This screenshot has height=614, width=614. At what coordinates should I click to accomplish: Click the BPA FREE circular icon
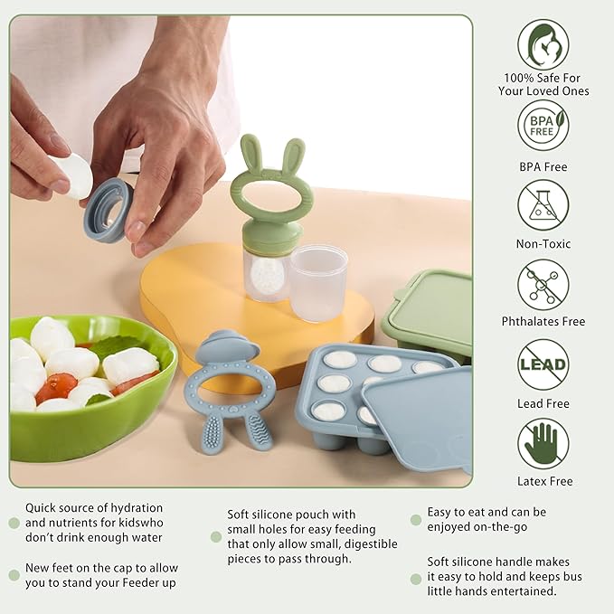pos(543,125)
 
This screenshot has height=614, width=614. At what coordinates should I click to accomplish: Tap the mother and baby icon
pos(543,45)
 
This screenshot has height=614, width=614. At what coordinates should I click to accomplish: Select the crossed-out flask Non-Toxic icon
pos(543,204)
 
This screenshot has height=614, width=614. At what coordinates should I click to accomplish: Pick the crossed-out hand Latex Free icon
pos(543,443)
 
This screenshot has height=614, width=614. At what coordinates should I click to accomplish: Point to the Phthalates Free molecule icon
pos(543,284)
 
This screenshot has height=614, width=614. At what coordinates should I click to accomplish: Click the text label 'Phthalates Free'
pos(543,321)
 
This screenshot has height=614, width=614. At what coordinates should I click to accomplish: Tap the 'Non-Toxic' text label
pos(543,243)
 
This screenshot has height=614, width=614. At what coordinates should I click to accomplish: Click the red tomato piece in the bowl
pos(56,386)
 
